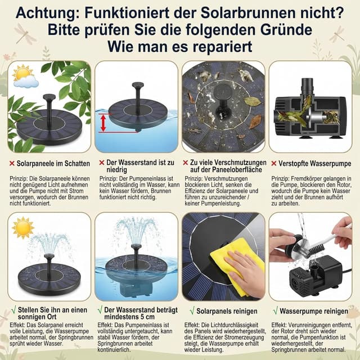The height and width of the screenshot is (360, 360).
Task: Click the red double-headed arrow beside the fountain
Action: click(x=102, y=122)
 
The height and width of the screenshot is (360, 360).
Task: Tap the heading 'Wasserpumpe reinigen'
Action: click(x=315, y=310)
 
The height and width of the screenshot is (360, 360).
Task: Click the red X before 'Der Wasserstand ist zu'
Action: click(x=101, y=163)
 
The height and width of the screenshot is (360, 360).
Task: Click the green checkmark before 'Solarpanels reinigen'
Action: click(x=192, y=310)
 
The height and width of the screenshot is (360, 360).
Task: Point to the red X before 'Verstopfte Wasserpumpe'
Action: click(x=273, y=163)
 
